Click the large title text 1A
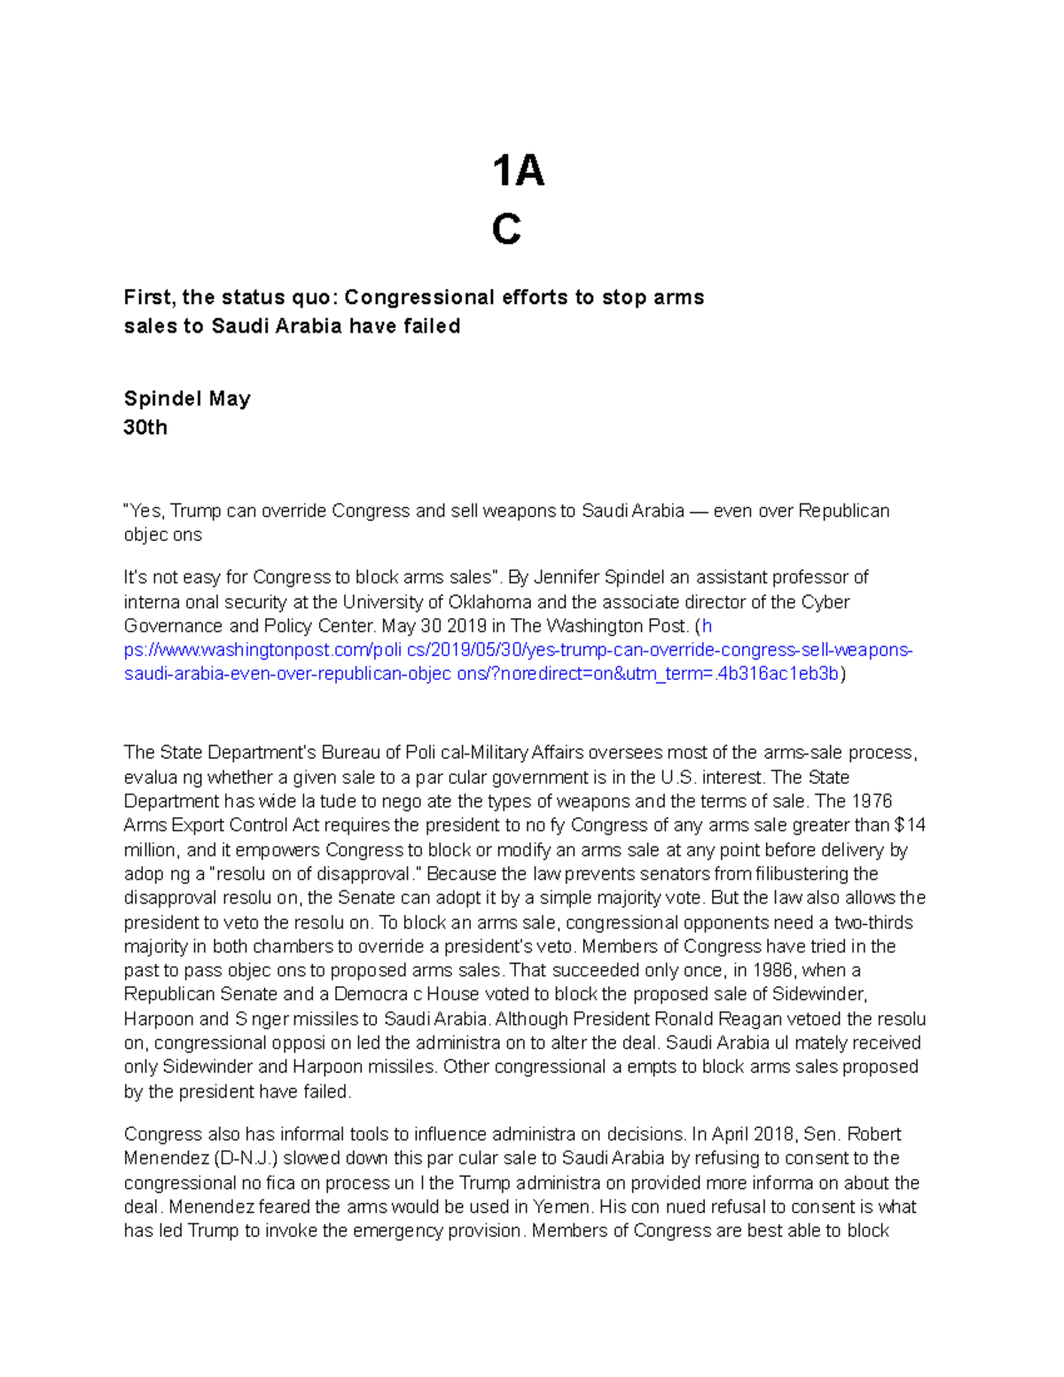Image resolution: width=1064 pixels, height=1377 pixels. click(518, 171)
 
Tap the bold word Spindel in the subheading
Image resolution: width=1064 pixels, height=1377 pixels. click(162, 399)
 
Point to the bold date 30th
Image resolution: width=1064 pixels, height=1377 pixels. click(145, 427)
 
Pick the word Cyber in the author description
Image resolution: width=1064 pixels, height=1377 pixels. click(825, 602)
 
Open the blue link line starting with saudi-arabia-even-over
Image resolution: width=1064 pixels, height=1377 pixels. click(481, 674)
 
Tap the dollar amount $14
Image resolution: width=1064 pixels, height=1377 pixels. click(910, 825)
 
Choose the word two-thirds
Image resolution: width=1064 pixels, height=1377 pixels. click(874, 922)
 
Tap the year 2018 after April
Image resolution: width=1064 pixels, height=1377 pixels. click(773, 1134)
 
